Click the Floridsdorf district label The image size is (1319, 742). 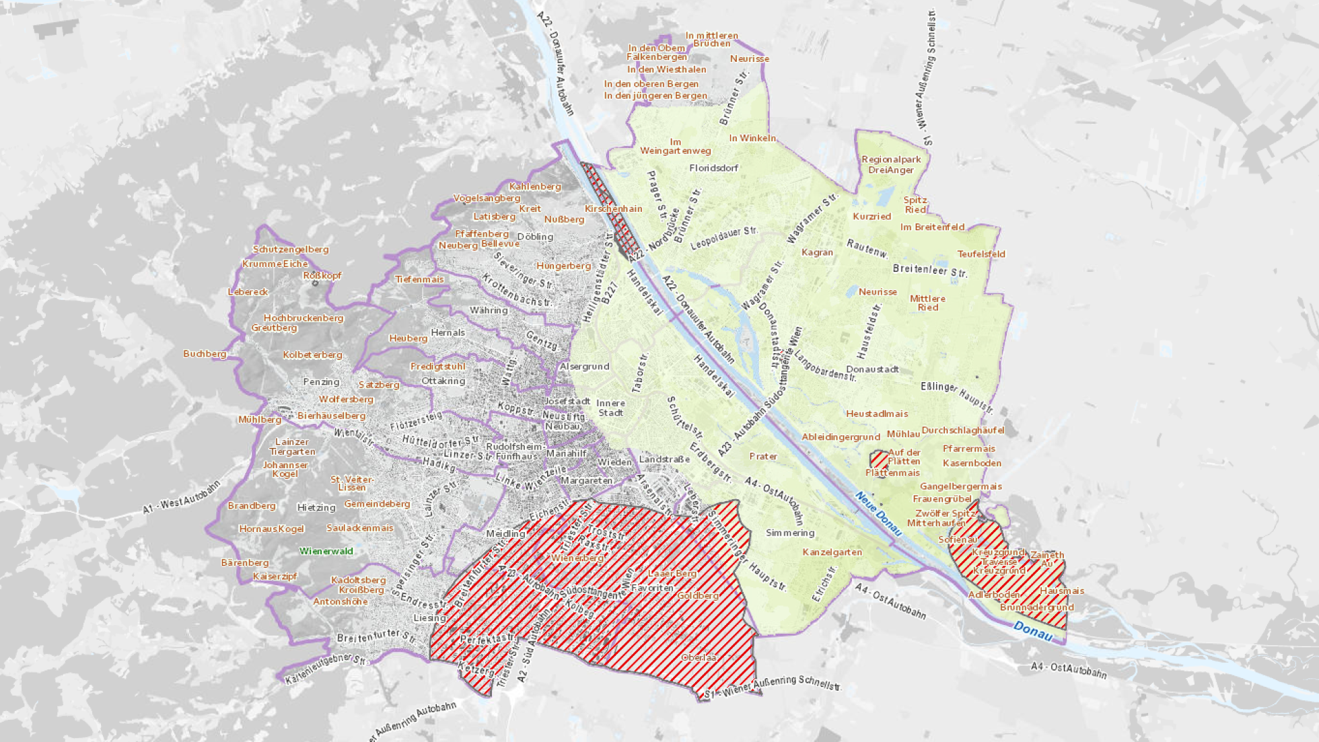click(713, 168)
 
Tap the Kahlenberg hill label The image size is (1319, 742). click(535, 186)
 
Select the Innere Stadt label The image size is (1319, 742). click(610, 408)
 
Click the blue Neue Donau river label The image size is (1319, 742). click(878, 514)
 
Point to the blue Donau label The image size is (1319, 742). click(1032, 631)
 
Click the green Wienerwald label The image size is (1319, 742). click(326, 551)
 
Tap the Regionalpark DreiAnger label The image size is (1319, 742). click(891, 165)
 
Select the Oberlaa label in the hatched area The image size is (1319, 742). click(698, 657)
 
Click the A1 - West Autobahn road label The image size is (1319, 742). click(181, 498)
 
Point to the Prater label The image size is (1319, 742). click(763, 456)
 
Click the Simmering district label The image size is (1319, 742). click(790, 533)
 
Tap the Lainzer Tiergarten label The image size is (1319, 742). click(292, 447)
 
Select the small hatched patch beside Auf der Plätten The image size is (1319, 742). click(878, 459)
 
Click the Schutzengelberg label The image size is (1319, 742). click(291, 250)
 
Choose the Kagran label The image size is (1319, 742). click(817, 252)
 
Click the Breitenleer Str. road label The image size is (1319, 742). click(929, 270)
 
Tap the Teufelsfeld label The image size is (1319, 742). click(981, 254)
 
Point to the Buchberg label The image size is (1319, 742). click(205, 354)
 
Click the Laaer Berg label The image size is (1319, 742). click(672, 574)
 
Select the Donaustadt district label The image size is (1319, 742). click(872, 369)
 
